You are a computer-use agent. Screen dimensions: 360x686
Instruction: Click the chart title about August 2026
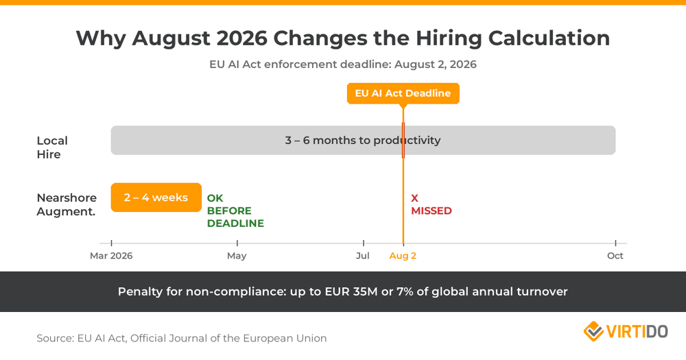pyautogui.click(x=342, y=38)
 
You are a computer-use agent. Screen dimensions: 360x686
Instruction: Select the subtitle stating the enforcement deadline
pyautogui.click(x=342, y=64)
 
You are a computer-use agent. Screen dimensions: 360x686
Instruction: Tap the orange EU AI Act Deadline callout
pyautogui.click(x=403, y=93)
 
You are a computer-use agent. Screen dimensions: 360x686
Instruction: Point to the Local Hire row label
pyautogui.click(x=52, y=147)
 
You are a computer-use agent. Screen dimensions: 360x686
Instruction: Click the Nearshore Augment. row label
pyautogui.click(x=66, y=204)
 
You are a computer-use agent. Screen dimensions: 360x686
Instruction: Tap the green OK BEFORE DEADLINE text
pyautogui.click(x=235, y=211)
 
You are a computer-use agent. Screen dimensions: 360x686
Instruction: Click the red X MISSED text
pyautogui.click(x=431, y=204)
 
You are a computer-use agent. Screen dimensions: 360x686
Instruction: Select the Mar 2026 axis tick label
pyautogui.click(x=111, y=256)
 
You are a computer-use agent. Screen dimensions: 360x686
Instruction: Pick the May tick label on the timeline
pyautogui.click(x=237, y=256)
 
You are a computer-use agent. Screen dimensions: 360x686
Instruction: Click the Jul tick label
pyautogui.click(x=363, y=256)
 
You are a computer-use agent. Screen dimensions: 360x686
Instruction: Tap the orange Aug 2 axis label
pyautogui.click(x=403, y=256)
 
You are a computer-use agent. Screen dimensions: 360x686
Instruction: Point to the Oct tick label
pyautogui.click(x=615, y=256)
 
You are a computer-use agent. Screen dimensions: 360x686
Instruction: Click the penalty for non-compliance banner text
pyautogui.click(x=342, y=291)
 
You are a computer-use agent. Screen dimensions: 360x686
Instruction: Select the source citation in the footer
pyautogui.click(x=182, y=338)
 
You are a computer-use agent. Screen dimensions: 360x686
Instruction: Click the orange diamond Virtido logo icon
pyautogui.click(x=593, y=331)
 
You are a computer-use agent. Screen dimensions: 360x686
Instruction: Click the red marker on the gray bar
pyautogui.click(x=403, y=141)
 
